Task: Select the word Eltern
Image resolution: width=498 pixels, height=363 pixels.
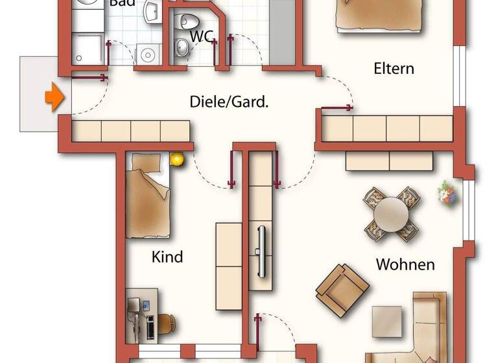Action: pos(394,68)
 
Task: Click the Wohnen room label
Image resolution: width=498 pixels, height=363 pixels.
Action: pos(405,264)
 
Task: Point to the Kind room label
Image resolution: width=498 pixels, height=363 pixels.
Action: pos(167,257)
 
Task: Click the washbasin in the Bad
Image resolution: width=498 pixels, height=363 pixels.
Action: pos(153,10)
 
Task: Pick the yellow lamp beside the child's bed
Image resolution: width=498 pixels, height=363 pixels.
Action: pos(176,158)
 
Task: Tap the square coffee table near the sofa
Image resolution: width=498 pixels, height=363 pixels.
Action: pos(388,321)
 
